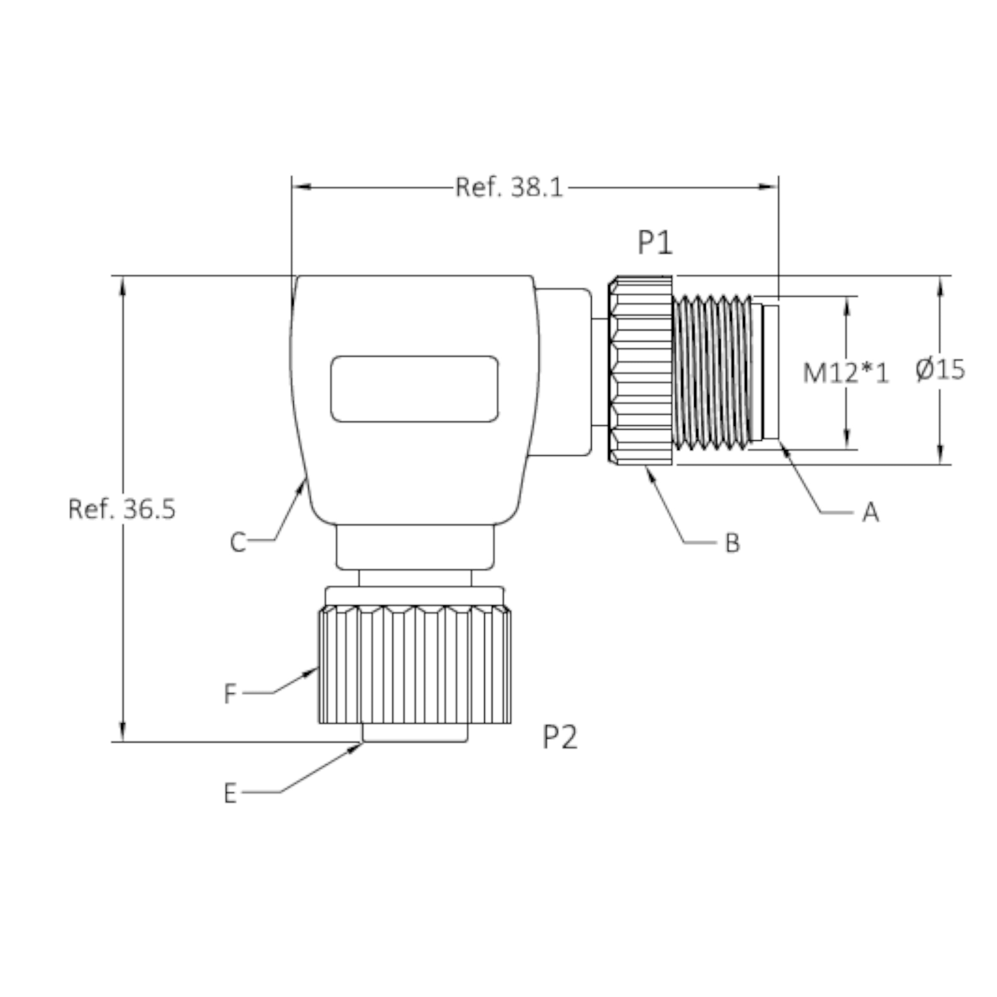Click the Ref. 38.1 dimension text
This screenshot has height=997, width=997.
click(509, 187)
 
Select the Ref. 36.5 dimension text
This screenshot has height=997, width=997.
click(122, 508)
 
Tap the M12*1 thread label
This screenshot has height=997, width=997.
click(846, 373)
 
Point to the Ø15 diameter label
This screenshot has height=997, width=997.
click(940, 369)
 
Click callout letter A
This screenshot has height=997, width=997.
click(871, 513)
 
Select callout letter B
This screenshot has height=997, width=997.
click(733, 543)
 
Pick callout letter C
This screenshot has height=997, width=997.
click(238, 543)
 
